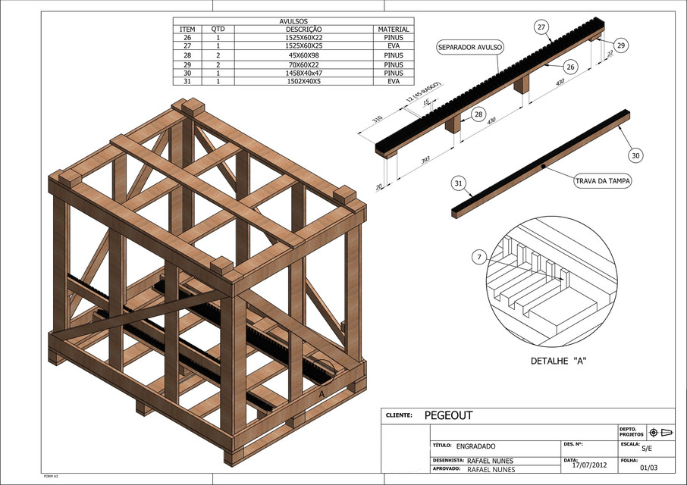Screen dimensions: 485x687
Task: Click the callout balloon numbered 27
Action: coord(541,27)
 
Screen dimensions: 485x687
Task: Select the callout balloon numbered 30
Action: coord(635,155)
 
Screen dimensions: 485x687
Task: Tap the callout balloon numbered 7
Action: coord(479,258)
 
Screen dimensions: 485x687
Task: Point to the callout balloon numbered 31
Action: coord(458,183)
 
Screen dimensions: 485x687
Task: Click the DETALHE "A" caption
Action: coord(561,360)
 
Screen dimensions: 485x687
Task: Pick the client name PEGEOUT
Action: coord(447,415)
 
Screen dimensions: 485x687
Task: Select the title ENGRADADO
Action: coord(475,446)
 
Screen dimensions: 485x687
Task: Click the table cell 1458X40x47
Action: coord(293,73)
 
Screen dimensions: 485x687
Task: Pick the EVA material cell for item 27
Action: coord(393,46)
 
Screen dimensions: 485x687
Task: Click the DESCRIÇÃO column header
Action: coord(293,30)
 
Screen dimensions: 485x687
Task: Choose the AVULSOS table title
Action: coord(293,21)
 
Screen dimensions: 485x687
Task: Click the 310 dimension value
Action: coord(377,120)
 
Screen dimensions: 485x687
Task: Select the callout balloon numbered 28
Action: coord(478,114)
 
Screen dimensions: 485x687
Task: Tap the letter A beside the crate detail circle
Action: coord(322,394)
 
